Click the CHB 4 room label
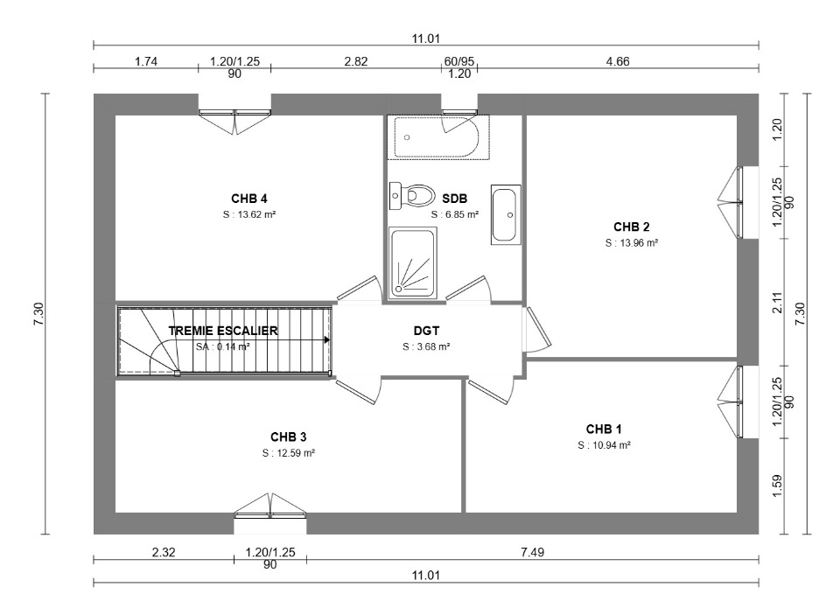pyautogui.click(x=249, y=199)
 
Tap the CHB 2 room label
pyautogui.click(x=632, y=227)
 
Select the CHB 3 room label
pyautogui.click(x=288, y=437)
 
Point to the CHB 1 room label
pyautogui.click(x=604, y=430)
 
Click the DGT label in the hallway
pyautogui.click(x=426, y=331)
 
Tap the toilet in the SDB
pyautogui.click(x=411, y=195)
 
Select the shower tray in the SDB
pyautogui.click(x=412, y=262)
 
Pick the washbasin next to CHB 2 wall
pyautogui.click(x=505, y=215)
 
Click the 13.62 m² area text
pyautogui.click(x=249, y=214)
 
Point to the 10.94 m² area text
pyautogui.click(x=604, y=445)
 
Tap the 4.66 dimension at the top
pyautogui.click(x=618, y=61)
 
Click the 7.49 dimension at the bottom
pyautogui.click(x=533, y=552)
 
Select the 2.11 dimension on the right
pyautogui.click(x=777, y=302)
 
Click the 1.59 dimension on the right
pyautogui.click(x=777, y=486)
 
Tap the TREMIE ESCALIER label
pyautogui.click(x=223, y=331)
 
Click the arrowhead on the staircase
pyautogui.click(x=326, y=339)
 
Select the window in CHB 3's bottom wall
pyautogui.click(x=270, y=507)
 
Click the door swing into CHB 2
pyautogui.click(x=537, y=330)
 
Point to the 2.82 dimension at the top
pyautogui.click(x=356, y=61)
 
